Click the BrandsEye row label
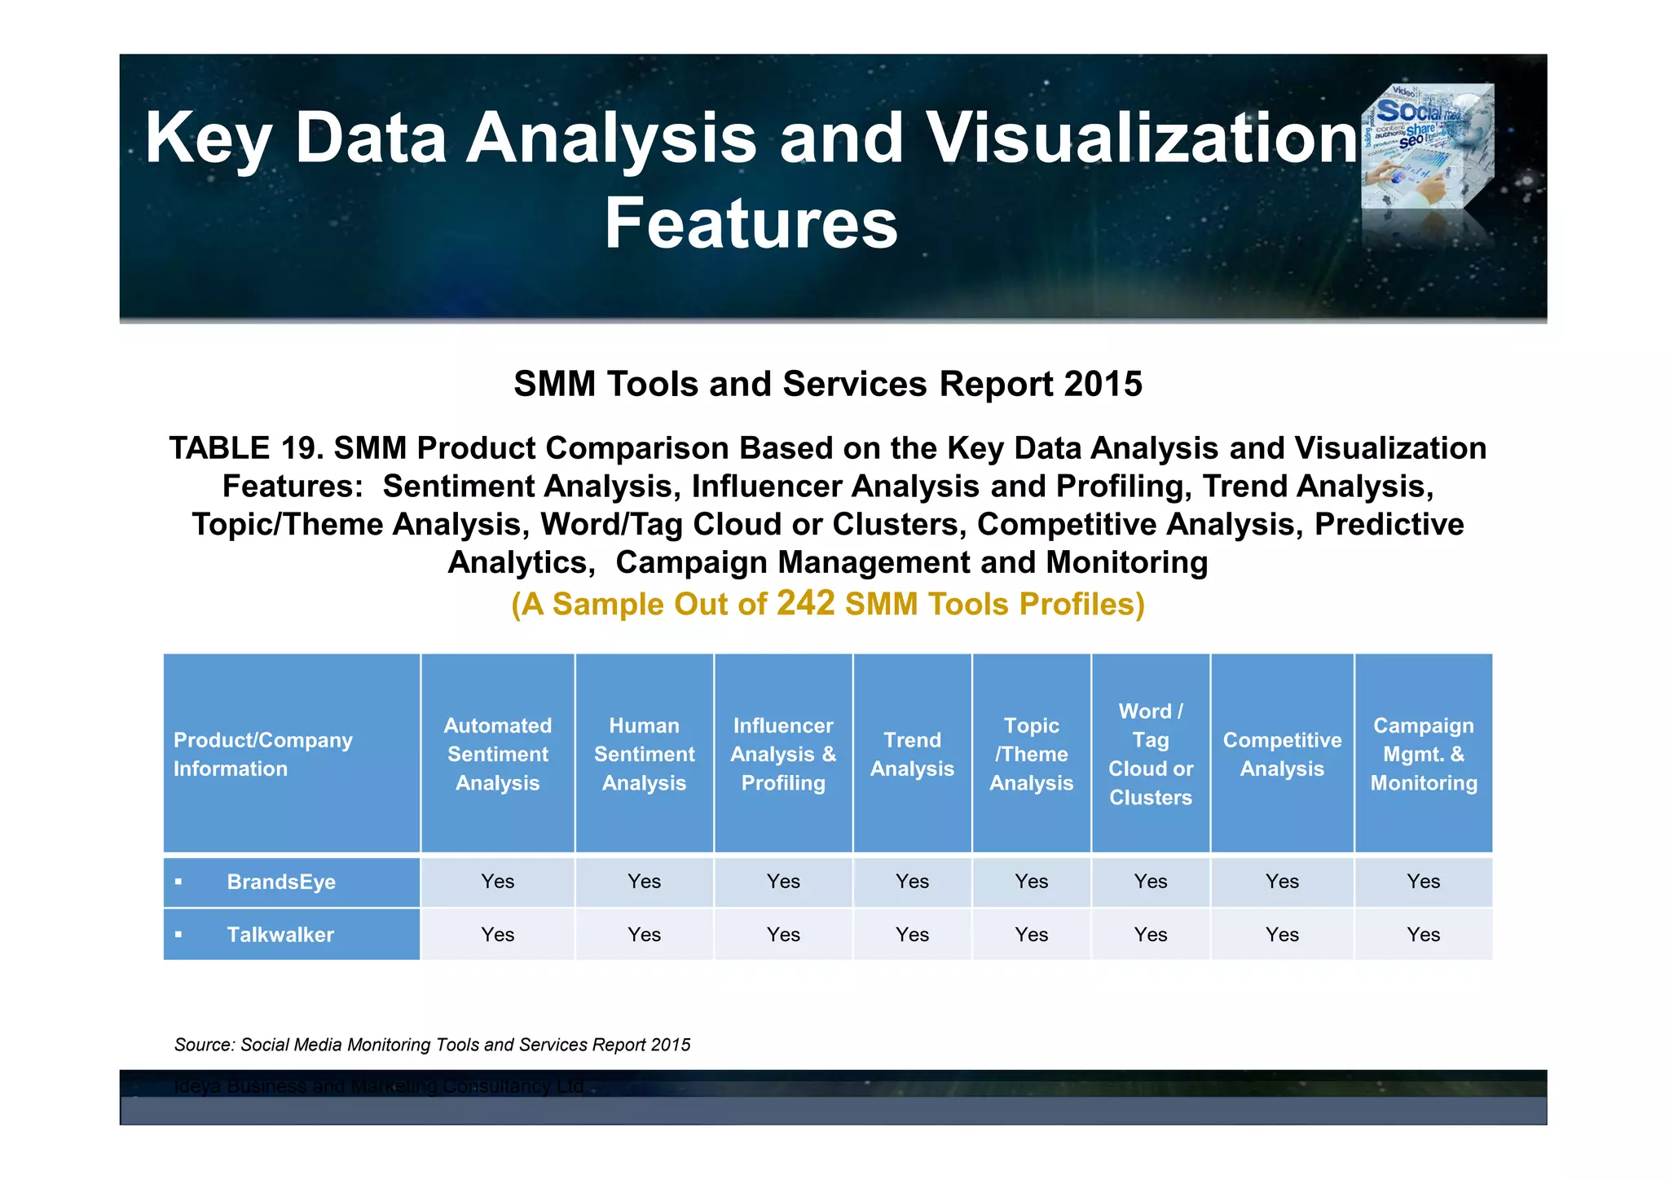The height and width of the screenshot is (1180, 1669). [x=281, y=882]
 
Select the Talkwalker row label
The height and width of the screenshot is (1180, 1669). [x=280, y=935]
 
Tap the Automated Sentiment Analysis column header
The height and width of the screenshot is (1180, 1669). [x=497, y=754]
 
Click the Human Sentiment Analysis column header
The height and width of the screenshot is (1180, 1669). [x=644, y=754]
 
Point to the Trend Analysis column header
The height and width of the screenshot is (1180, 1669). [x=912, y=754]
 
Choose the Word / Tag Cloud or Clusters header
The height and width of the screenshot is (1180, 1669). [x=1150, y=754]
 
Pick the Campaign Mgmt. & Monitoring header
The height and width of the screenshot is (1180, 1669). [x=1423, y=754]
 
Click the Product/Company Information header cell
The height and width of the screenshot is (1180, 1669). [x=262, y=754]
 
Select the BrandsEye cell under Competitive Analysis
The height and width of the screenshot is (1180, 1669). [x=1282, y=882]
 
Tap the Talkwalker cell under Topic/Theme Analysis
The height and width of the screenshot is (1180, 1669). [x=1031, y=935]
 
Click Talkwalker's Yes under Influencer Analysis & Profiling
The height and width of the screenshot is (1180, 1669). [x=783, y=935]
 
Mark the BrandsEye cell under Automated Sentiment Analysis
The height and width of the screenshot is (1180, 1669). [x=497, y=882]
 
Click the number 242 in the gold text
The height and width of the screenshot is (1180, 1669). [x=805, y=603]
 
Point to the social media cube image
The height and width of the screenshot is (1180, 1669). [x=1428, y=147]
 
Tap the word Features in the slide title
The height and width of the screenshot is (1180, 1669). [x=751, y=223]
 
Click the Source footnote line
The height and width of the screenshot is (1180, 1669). [x=432, y=1045]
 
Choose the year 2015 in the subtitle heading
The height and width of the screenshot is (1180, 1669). [x=1102, y=384]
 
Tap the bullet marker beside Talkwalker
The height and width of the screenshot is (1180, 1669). [x=178, y=935]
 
